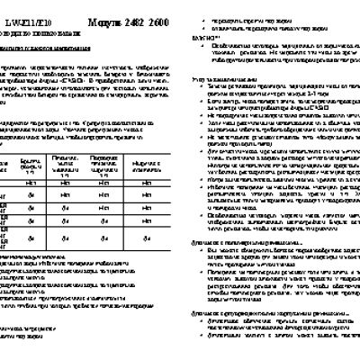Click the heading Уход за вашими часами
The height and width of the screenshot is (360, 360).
pos(220,80)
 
